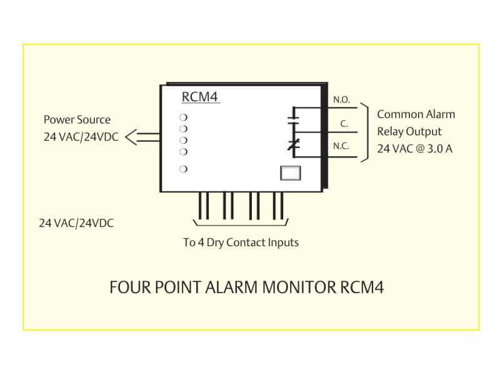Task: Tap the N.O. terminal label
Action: (x=341, y=99)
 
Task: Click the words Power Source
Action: (x=77, y=119)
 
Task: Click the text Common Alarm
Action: (x=416, y=114)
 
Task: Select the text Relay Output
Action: (x=409, y=131)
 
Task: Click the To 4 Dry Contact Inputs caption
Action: (x=241, y=242)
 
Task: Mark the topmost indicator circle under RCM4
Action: (x=184, y=117)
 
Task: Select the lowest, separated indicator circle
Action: (x=184, y=169)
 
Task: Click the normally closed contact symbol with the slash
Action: (x=291, y=145)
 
